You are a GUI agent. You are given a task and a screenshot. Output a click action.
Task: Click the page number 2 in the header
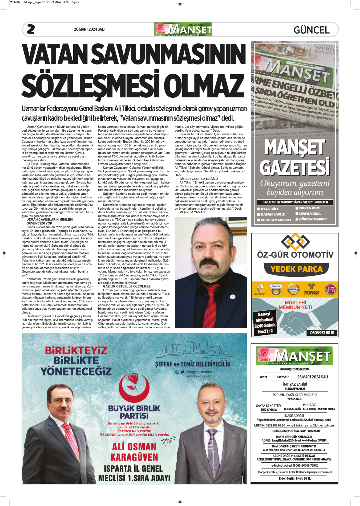pyautogui.click(x=31, y=29)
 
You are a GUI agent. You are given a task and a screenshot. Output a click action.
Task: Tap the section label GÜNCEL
pyautogui.click(x=312, y=30)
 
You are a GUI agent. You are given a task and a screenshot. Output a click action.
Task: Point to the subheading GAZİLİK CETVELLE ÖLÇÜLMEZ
pyautogui.click(x=127, y=286)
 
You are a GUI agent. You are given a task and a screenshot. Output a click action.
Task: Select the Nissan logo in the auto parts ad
pyautogui.click(x=293, y=289)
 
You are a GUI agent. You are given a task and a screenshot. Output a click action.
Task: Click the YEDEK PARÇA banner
pyautogui.click(x=296, y=269)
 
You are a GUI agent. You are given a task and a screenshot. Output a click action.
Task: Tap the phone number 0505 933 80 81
pyautogui.click(x=322, y=333)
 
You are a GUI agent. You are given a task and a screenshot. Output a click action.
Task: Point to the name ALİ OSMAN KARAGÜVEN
pyautogui.click(x=134, y=452)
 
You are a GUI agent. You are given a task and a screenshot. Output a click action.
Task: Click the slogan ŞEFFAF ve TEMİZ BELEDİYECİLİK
pyautogui.click(x=193, y=364)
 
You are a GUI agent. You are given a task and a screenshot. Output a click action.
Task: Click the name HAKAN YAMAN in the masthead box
pyautogui.click(x=295, y=389)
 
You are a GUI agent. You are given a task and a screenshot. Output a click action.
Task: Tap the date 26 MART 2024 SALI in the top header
pyautogui.click(x=89, y=29)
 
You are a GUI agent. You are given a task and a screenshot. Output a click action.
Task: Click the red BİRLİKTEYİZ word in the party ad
pyautogui.click(x=76, y=350)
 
